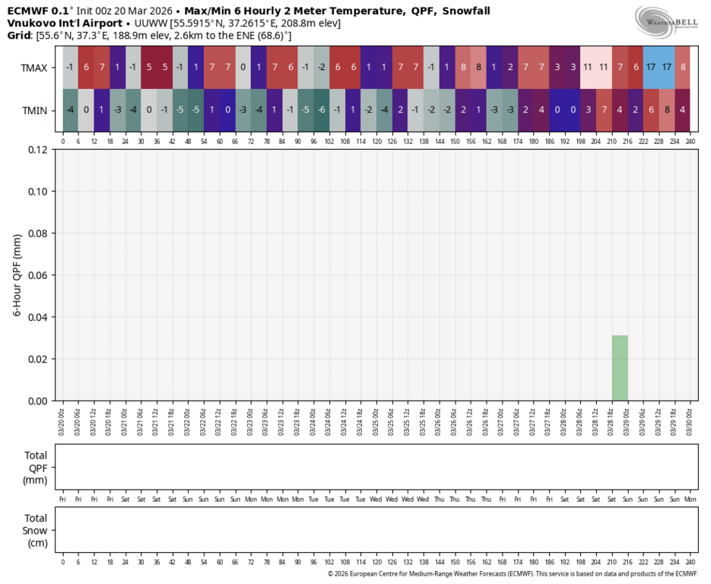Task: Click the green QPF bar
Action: (620, 368)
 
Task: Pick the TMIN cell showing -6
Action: (322, 110)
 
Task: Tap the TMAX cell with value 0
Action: (243, 67)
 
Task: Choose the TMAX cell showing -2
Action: (322, 67)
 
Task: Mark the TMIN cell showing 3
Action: (588, 110)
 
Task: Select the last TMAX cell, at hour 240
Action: (682, 67)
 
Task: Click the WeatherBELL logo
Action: (667, 21)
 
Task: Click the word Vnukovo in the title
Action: (30, 24)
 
